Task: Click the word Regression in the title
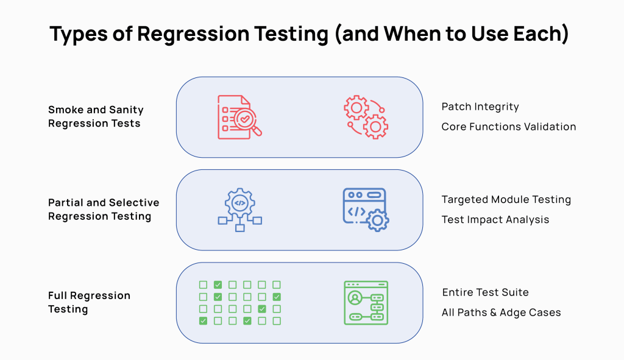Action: click(185, 35)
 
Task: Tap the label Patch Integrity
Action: click(480, 107)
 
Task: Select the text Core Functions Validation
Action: click(508, 127)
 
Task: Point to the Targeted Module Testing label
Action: click(506, 199)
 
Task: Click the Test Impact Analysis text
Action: click(495, 219)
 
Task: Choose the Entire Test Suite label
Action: click(485, 292)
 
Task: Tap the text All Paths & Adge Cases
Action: click(501, 312)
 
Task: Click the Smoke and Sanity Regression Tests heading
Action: click(95, 116)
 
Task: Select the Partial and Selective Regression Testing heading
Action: click(103, 209)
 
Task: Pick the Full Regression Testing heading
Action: click(89, 302)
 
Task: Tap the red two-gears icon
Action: click(366, 116)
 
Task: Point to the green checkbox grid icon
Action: click(239, 302)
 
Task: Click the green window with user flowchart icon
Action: click(366, 302)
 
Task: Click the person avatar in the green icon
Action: click(354, 298)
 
